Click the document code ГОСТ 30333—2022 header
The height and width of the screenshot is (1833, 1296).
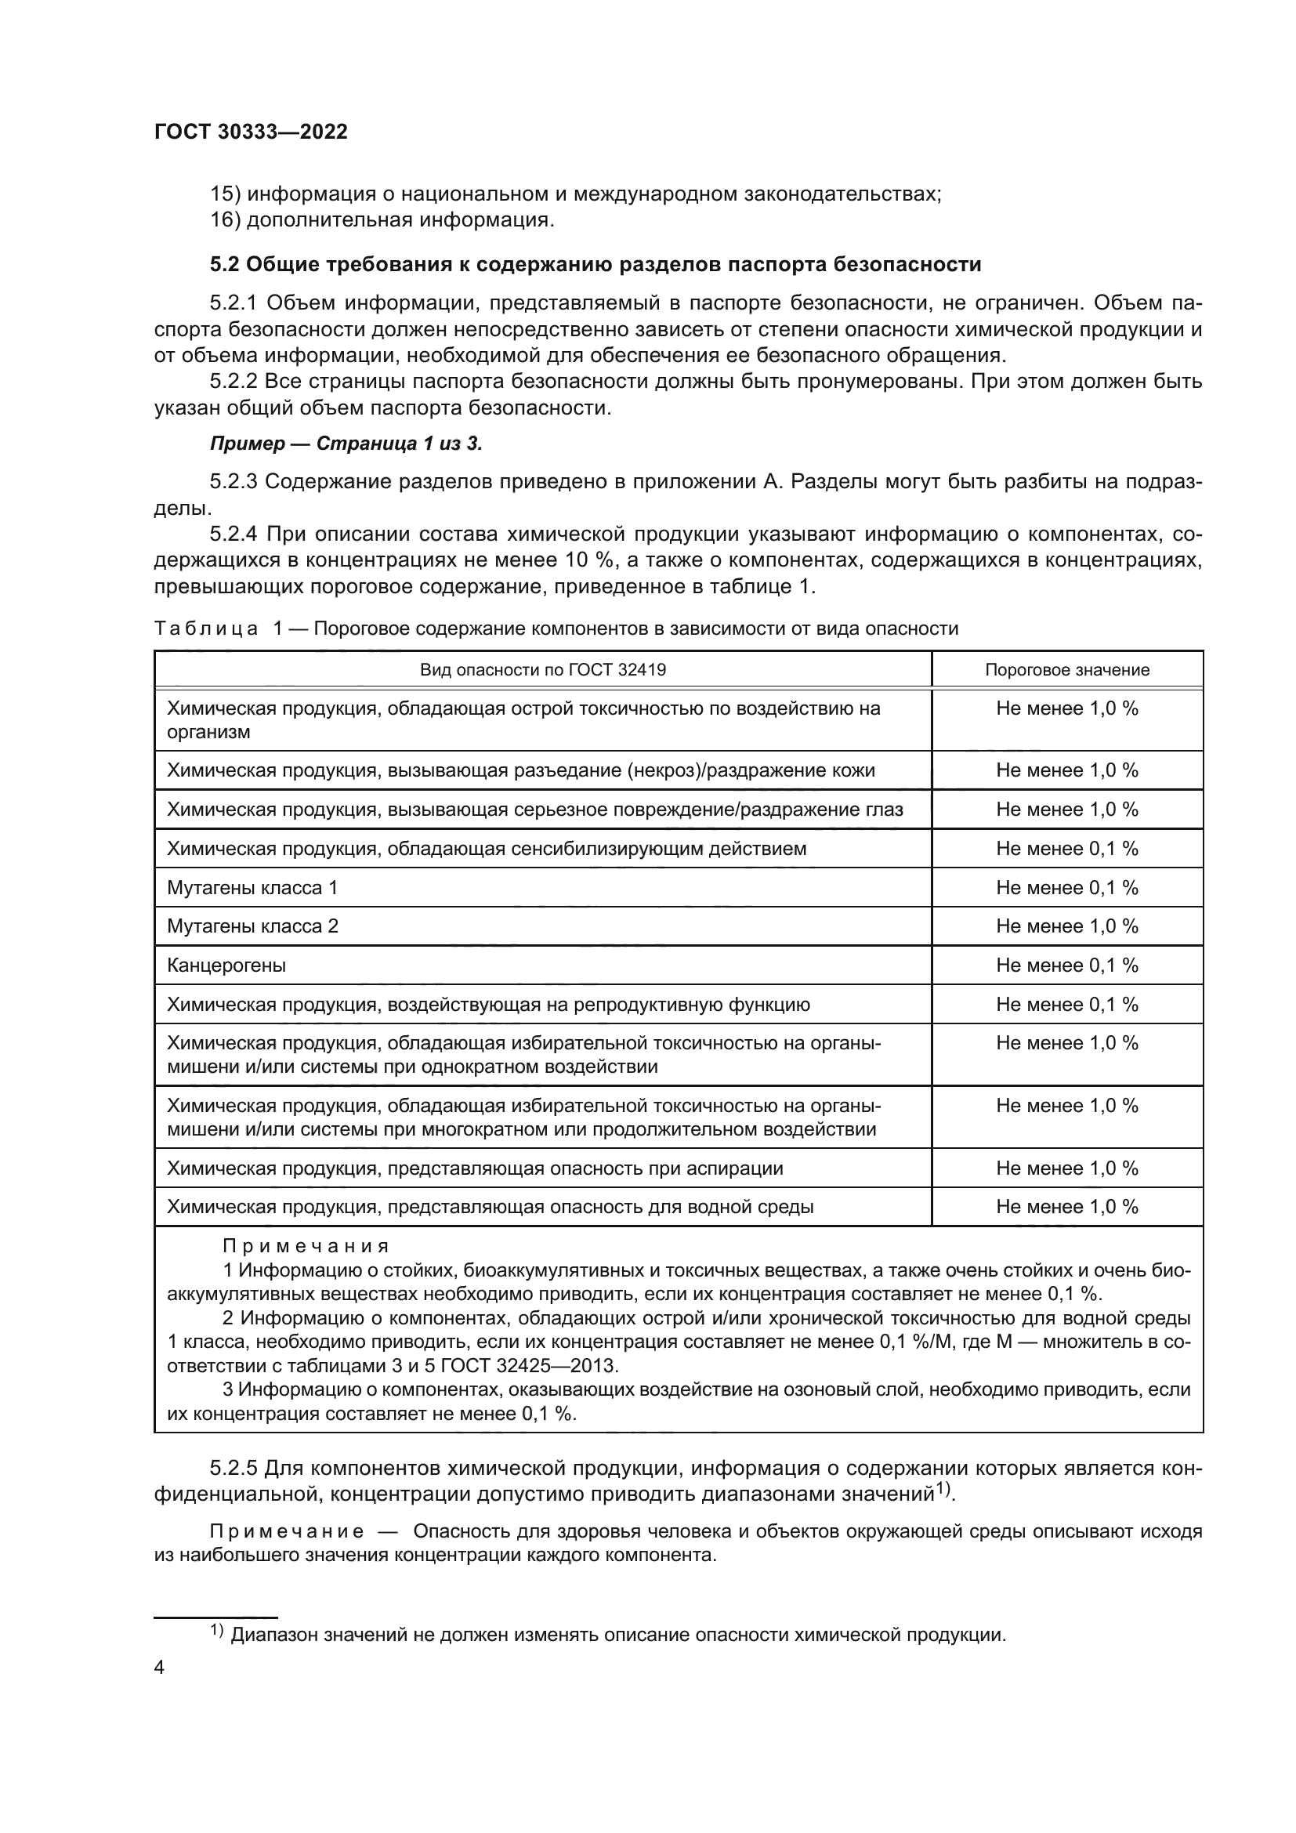[251, 132]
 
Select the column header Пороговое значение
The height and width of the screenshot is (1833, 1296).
[1067, 670]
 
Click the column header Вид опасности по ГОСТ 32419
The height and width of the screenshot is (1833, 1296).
[543, 670]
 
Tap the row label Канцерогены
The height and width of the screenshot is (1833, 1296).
[226, 965]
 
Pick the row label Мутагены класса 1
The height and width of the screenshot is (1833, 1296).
[252, 888]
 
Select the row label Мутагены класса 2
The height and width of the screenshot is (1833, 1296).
[252, 926]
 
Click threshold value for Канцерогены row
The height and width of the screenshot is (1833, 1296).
[1067, 965]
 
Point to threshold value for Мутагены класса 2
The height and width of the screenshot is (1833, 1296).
[1067, 926]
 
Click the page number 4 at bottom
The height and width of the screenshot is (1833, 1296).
[160, 1668]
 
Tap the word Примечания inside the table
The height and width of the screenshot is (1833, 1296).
[306, 1246]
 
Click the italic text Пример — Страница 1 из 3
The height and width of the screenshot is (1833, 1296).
[346, 444]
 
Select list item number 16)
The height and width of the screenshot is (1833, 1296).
[225, 219]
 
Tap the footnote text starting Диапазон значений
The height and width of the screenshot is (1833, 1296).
[618, 1634]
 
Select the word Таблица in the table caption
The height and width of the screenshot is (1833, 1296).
[206, 629]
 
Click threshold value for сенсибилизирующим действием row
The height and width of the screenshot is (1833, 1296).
[1067, 849]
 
